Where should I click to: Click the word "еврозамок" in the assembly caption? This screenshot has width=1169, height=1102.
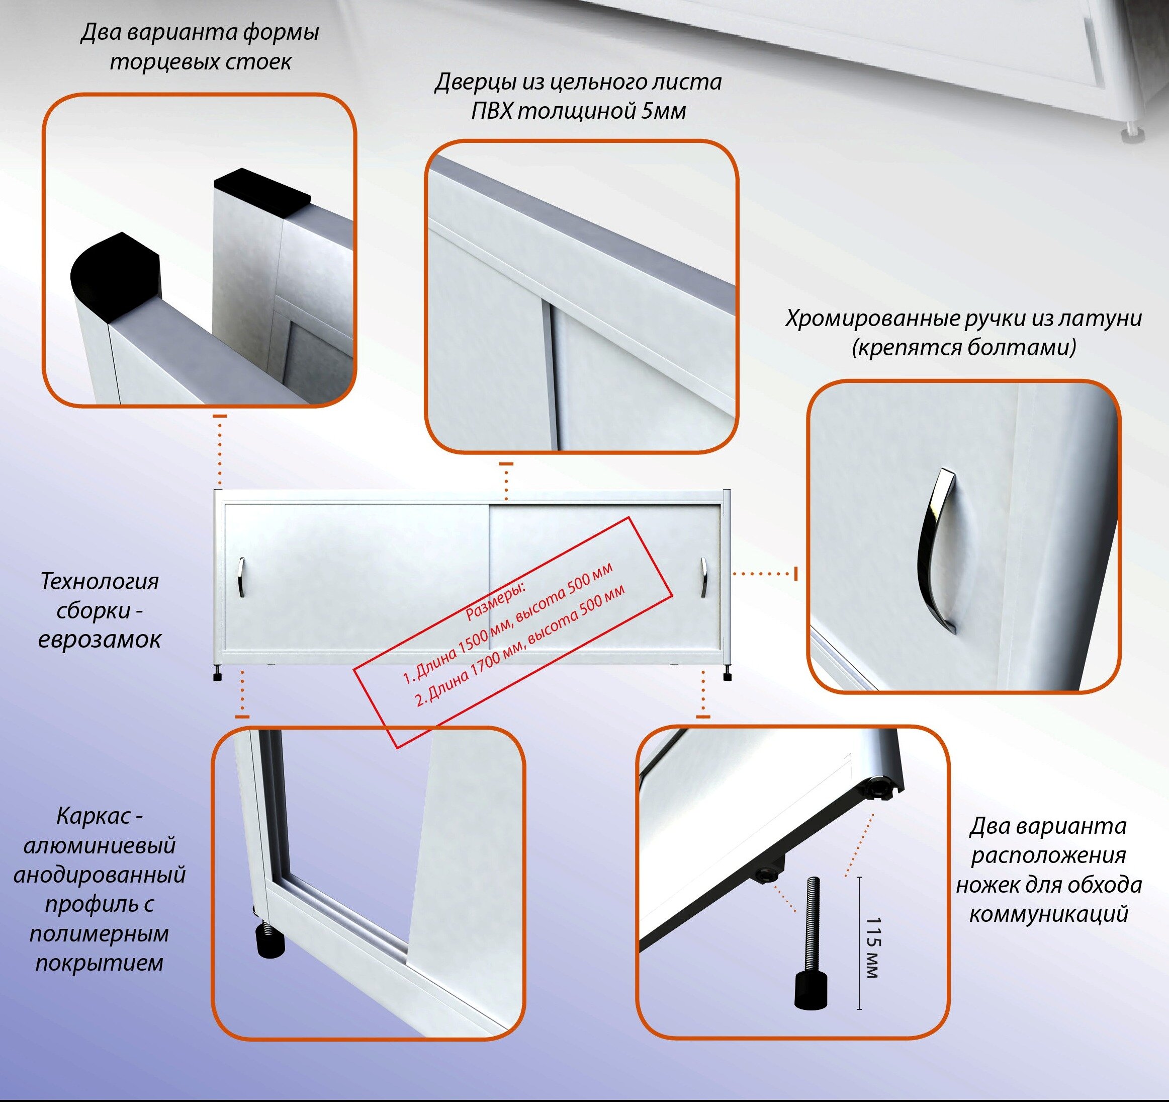(100, 639)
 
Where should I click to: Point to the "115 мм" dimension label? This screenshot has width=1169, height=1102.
(873, 948)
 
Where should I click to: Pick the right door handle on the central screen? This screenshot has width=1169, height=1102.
(703, 577)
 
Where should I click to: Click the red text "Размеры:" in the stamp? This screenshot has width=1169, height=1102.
(496, 602)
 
